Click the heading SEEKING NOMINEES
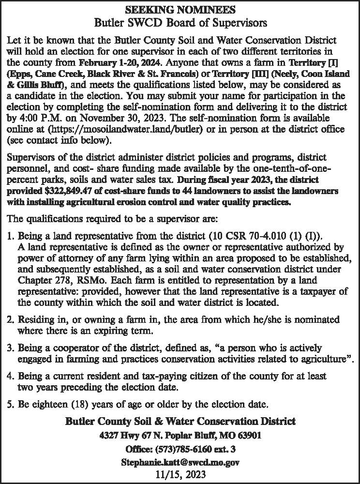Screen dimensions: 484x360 click(x=180, y=9)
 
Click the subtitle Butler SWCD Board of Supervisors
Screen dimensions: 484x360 click(x=180, y=22)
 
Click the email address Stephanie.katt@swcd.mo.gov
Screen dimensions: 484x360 click(x=180, y=462)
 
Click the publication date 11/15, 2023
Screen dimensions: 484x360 click(x=180, y=474)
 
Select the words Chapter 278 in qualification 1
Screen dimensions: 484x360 click(x=42, y=280)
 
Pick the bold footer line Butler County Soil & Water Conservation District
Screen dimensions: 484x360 click(x=180, y=421)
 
